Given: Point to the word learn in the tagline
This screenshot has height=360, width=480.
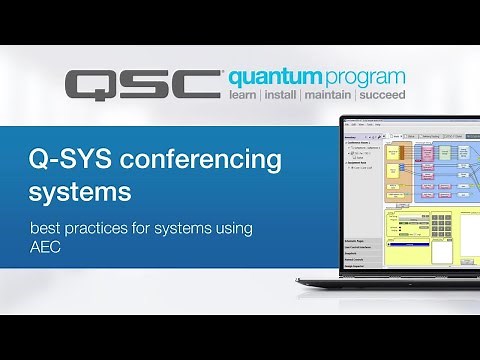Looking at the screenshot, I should click(x=247, y=98).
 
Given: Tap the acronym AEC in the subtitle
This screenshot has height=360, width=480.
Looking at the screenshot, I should click(x=46, y=250).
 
